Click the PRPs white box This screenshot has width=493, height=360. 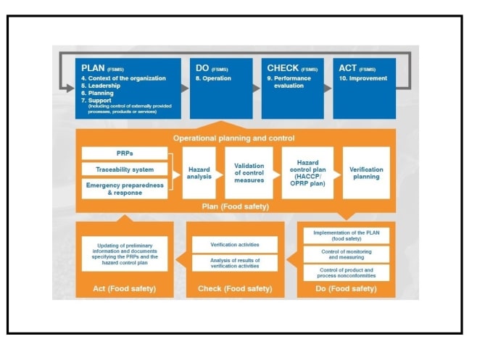coord(125,154)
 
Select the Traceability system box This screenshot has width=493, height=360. coord(125,169)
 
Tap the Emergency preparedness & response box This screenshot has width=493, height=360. coord(125,189)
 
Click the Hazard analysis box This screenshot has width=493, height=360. coord(199,173)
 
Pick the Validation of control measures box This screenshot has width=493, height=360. coord(249,173)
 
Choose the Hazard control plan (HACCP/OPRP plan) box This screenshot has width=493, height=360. coord(307,173)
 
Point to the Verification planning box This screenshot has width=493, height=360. coord(366,173)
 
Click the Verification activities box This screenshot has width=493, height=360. coord(235,244)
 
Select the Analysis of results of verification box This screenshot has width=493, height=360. coord(235,263)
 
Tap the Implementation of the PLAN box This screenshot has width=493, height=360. coord(346,235)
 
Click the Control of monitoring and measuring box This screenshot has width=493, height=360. coord(346,254)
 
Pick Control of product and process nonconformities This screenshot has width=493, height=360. coord(346,272)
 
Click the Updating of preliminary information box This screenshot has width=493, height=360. coord(125,254)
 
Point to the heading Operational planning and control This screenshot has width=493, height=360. coord(234,138)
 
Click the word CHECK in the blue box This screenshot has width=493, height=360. coord(283,68)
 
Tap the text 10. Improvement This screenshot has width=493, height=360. coord(362,78)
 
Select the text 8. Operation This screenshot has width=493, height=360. coord(213,78)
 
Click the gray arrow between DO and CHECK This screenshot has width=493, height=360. coord(257,88)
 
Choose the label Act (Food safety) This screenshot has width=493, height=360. coord(125,288)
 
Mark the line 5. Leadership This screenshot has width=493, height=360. coord(101,85)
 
